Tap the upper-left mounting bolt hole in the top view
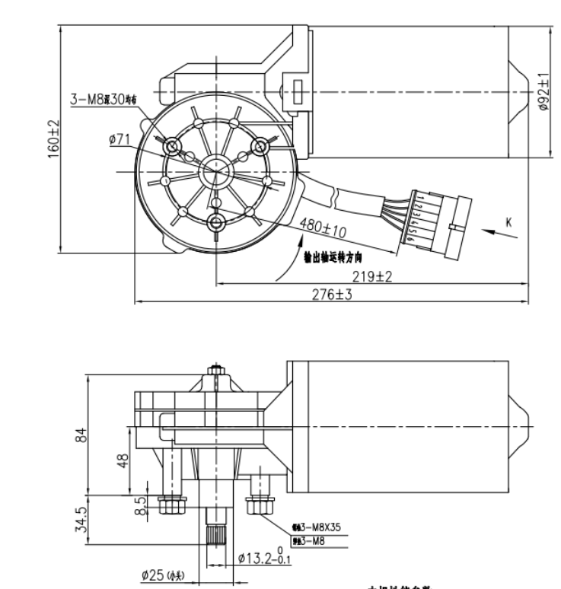pos(171,145)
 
